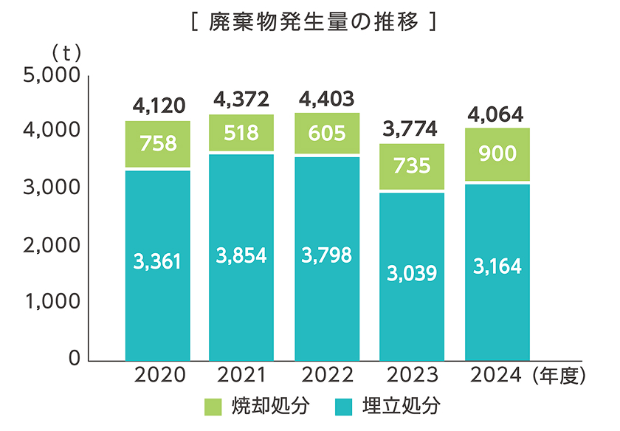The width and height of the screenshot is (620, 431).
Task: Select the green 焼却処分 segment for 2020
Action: point(159,144)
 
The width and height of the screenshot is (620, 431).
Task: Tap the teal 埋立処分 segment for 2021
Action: point(241,257)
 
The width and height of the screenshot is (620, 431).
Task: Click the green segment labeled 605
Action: point(327,134)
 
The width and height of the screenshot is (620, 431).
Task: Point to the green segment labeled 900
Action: point(497,154)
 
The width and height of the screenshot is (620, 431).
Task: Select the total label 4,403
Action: point(327,99)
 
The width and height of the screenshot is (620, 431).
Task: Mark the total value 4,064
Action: point(497,115)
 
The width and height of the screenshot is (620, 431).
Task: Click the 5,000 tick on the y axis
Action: point(52,75)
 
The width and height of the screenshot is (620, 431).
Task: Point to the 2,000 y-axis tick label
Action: point(52,246)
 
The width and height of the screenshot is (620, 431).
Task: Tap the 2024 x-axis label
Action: point(496,376)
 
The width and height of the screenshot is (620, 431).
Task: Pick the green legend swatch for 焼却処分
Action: point(213,406)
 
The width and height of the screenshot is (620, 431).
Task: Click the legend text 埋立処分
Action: point(401,406)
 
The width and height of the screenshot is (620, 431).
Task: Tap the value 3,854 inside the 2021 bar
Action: point(241,255)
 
